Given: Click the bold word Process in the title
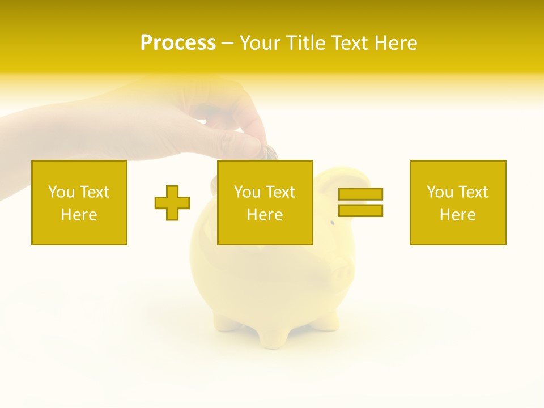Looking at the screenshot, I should pos(178,43).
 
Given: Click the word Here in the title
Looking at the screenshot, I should pos(395,43).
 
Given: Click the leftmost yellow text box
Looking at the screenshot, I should pos(79,202).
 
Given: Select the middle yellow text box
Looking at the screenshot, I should pos(265,202).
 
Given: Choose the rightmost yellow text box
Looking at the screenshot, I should pos(457,202).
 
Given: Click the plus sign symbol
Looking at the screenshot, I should pos(172,203).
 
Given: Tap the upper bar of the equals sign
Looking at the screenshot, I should pos(360,194).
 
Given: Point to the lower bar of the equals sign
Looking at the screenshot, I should pos(360,210).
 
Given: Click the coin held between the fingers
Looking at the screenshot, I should pos(270,152).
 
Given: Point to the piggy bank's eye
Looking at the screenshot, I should pos(333,223).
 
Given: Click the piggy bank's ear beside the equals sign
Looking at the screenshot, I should pos(343,178).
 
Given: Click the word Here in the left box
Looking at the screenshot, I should pos(79,215).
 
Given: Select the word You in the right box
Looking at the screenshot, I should pos(440,192).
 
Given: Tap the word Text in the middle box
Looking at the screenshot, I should pos(280,192).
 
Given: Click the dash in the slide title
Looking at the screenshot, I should pos(227,43).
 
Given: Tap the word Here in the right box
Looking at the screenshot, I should pos(457,215).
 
